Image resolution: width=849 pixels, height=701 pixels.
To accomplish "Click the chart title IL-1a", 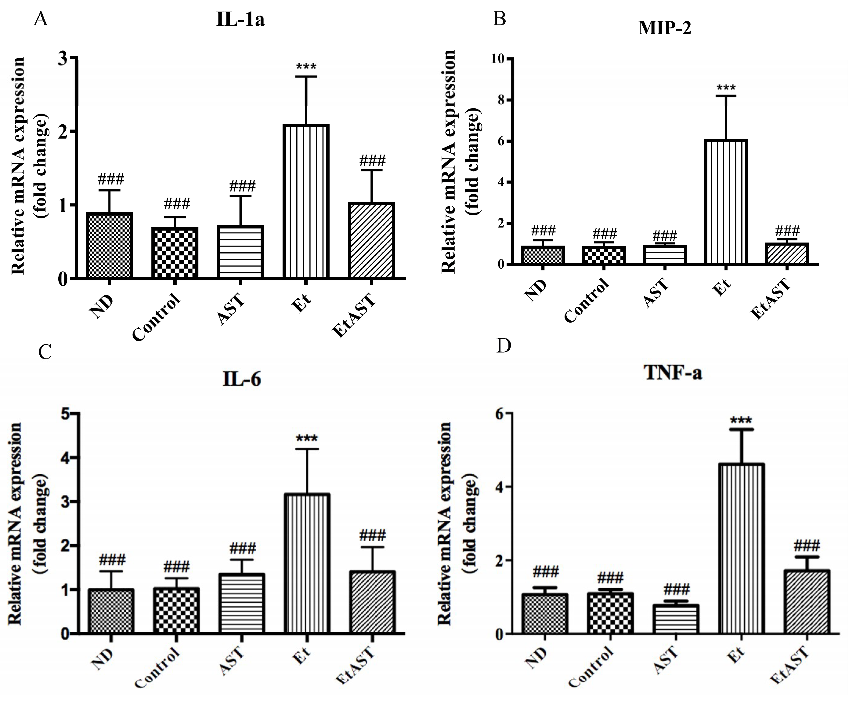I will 240,19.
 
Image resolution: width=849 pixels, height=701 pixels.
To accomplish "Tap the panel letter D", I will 504,346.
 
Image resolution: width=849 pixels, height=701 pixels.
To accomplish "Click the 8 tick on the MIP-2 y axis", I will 501,100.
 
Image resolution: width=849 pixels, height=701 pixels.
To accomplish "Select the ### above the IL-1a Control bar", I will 177,204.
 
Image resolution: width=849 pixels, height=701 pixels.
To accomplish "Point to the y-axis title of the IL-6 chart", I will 27,523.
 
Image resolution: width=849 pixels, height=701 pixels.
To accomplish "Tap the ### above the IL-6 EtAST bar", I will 372,535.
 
